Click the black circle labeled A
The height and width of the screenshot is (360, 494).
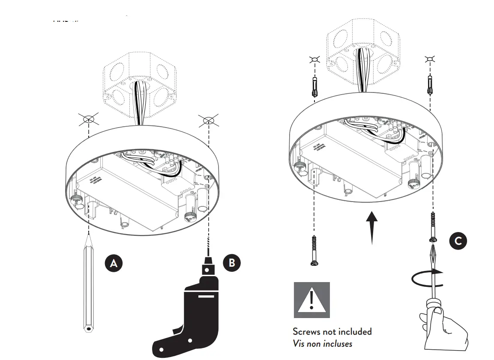pyautogui.click(x=114, y=263)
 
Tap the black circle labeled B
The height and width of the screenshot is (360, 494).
pyautogui.click(x=232, y=262)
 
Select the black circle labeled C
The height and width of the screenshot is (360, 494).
pyautogui.click(x=458, y=241)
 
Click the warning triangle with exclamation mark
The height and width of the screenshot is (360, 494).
pyautogui.click(x=311, y=300)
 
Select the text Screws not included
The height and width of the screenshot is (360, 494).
pyautogui.click(x=332, y=331)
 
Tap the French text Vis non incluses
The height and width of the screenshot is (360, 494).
pyautogui.click(x=322, y=343)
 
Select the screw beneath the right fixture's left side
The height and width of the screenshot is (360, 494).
pyautogui.click(x=314, y=250)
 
